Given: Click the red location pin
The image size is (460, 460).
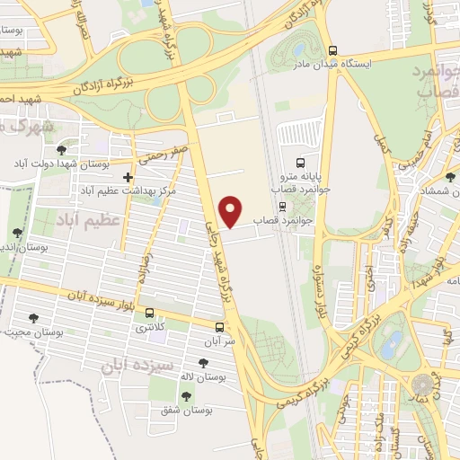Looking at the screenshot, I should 232,210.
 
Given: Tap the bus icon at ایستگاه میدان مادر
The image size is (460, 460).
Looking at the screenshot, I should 333,50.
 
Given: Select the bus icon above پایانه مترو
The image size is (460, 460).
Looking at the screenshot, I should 301,163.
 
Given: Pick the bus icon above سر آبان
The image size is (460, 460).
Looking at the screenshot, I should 220,327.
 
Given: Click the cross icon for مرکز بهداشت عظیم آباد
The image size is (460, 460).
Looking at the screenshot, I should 128,178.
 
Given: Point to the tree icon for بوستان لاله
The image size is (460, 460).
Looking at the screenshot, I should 203,362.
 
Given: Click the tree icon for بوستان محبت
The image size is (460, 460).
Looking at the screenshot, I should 33,317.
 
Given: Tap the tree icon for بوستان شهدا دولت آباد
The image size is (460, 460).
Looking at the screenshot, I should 59,150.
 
